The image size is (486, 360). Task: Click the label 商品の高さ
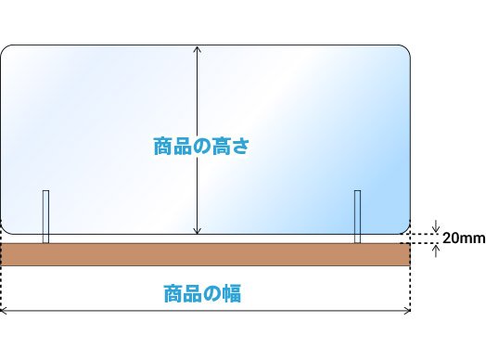click(x=202, y=147)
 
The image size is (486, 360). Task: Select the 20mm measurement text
click(x=462, y=238)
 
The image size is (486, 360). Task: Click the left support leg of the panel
click(x=45, y=216)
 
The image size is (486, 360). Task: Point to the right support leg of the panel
click(x=357, y=216)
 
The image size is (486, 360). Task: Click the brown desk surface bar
click(x=205, y=254)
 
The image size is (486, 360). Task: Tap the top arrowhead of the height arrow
click(x=197, y=49)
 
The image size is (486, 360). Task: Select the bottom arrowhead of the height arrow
click(x=197, y=231)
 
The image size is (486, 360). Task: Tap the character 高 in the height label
click(x=221, y=147)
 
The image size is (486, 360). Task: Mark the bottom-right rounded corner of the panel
click(x=404, y=227)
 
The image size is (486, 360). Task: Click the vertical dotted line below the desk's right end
click(x=410, y=288)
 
